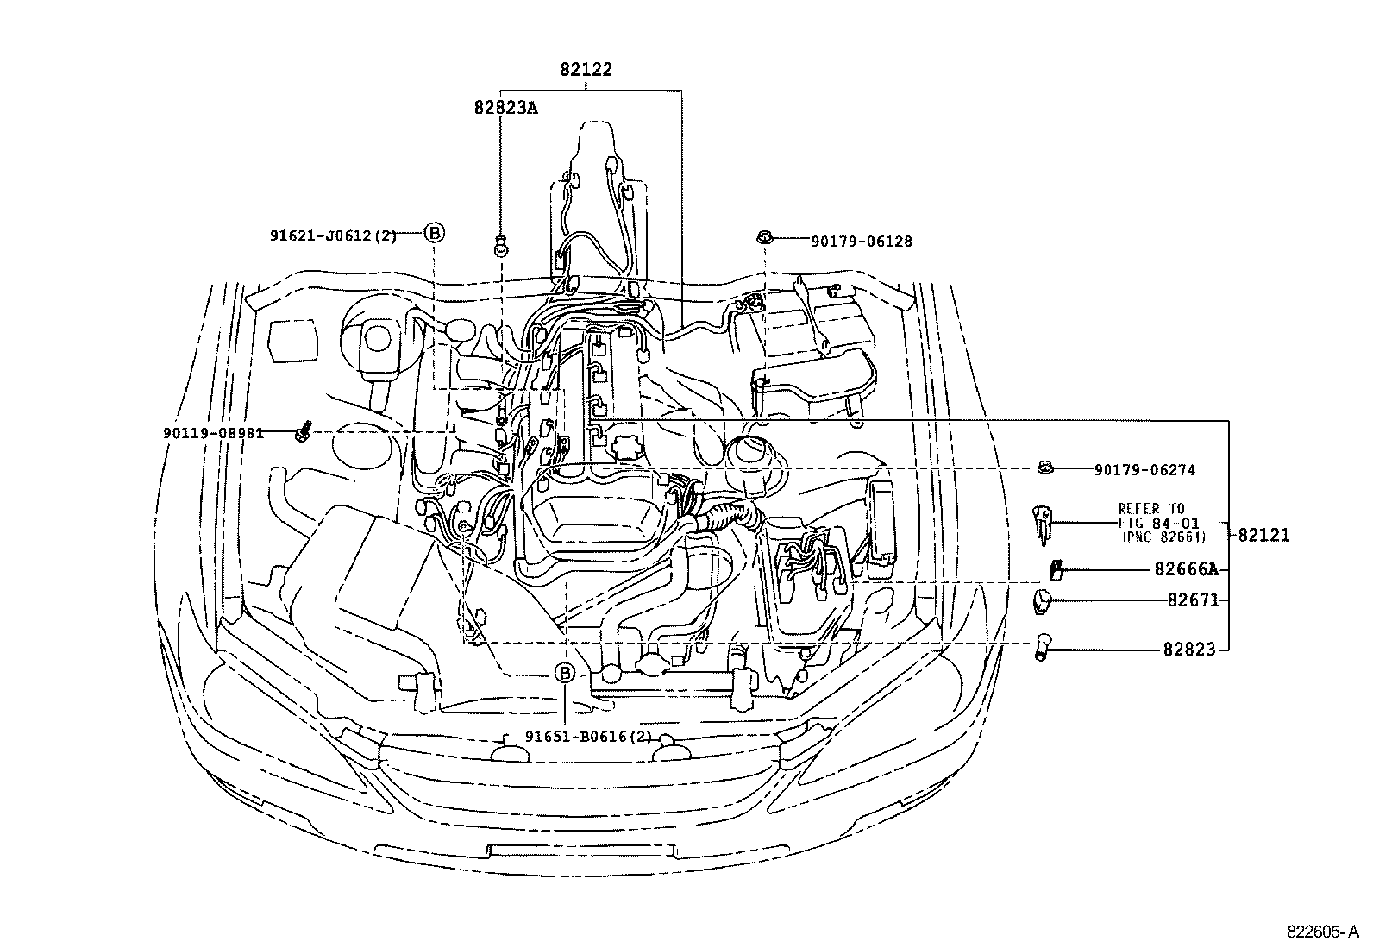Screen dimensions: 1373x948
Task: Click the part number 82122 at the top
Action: (x=586, y=69)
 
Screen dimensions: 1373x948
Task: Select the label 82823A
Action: (x=505, y=108)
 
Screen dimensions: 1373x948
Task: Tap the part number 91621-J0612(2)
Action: (x=334, y=235)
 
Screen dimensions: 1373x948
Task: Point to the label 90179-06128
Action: (x=862, y=242)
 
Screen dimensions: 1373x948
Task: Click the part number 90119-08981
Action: (x=213, y=434)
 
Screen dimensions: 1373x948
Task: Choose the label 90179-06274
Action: (x=1145, y=470)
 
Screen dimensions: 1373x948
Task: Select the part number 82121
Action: (x=1263, y=536)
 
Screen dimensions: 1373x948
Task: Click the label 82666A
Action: (x=1187, y=569)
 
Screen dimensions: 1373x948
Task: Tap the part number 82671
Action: (x=1194, y=600)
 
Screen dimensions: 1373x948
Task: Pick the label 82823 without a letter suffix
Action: (x=1189, y=650)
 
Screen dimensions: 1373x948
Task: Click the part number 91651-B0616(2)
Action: (x=588, y=737)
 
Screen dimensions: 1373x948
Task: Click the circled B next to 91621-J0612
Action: (x=434, y=233)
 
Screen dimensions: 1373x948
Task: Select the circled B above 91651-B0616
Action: (x=565, y=673)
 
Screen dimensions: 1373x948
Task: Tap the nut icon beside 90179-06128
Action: (x=764, y=236)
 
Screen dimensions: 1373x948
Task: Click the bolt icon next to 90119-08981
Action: (x=303, y=431)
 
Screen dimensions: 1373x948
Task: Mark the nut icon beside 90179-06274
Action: (x=1045, y=468)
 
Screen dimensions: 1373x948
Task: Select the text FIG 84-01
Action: (x=1158, y=523)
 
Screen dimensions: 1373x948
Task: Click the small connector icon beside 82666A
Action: (x=1055, y=569)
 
